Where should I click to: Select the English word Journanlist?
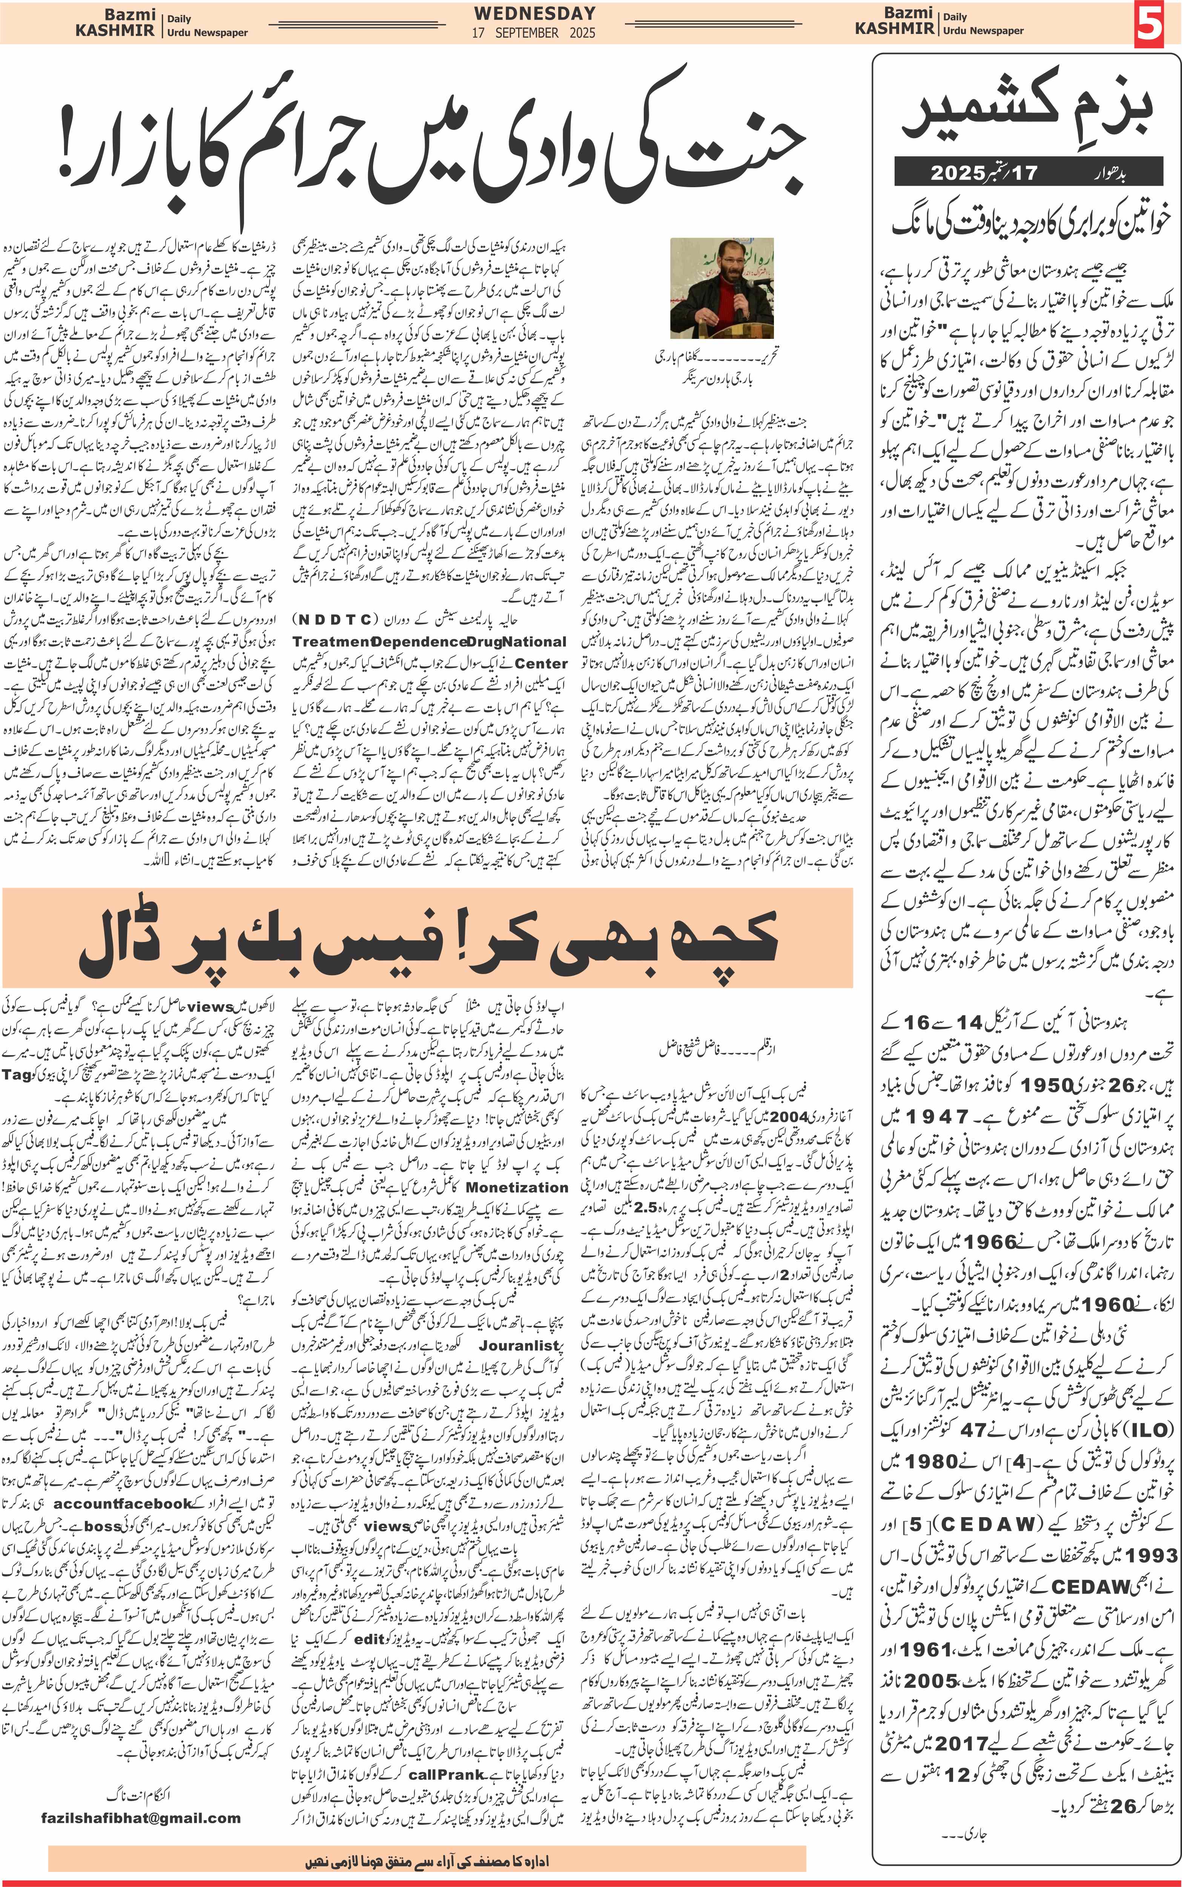coord(520,1345)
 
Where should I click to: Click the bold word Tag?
coord(17,1074)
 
